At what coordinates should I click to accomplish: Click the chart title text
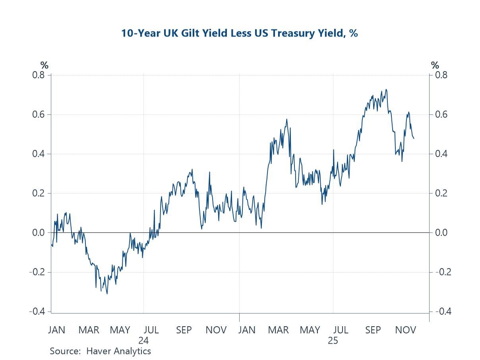(x=240, y=33)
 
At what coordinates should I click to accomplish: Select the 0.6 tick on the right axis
(x=439, y=114)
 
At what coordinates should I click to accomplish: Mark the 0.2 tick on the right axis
(x=439, y=193)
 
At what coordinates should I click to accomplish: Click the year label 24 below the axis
(x=143, y=341)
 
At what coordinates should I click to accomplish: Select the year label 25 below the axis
(x=333, y=341)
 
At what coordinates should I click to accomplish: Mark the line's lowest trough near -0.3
(x=107, y=294)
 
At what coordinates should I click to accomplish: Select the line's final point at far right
(x=414, y=138)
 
